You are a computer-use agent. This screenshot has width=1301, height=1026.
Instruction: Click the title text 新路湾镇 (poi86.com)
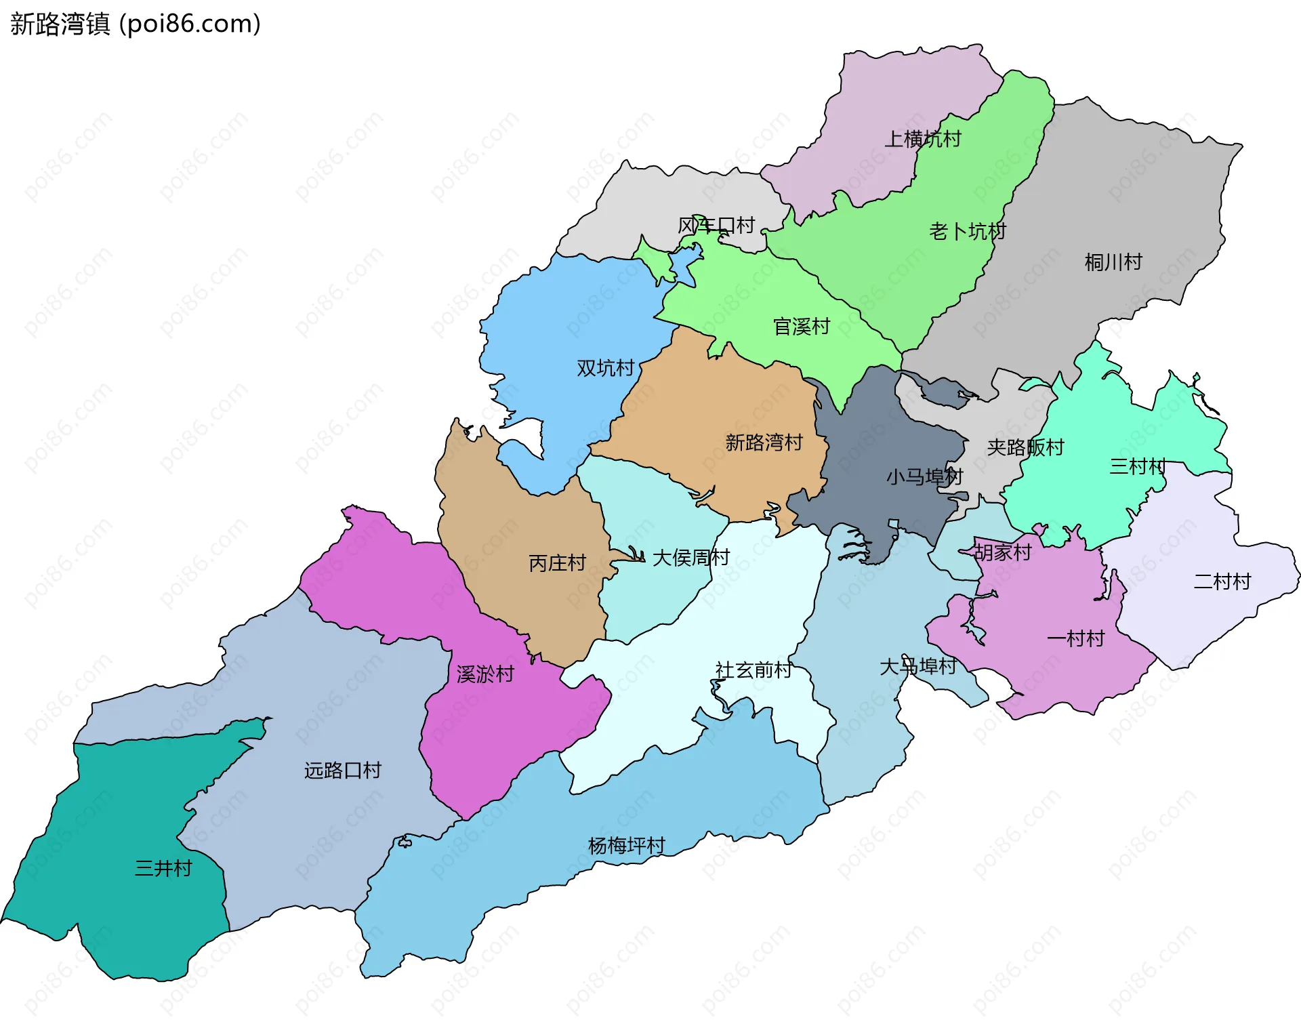pos(136,24)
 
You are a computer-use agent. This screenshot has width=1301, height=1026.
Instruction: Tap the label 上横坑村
pos(923,139)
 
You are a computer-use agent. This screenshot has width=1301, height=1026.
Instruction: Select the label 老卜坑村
pos(968,232)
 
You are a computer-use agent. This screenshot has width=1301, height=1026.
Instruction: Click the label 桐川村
pos(1113,262)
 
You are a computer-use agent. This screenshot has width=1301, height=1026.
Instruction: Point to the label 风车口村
pos(716,225)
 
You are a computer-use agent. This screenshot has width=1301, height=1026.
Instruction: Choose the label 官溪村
pos(802,327)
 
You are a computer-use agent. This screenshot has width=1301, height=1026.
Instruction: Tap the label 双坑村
pos(605,368)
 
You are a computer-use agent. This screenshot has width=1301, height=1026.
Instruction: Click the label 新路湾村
pos(764,443)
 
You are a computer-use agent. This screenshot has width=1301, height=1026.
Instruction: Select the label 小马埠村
pos(924,477)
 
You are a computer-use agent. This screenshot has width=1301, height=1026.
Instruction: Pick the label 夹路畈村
pos(1025,447)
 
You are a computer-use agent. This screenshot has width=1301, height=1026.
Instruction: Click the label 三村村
pos(1138,466)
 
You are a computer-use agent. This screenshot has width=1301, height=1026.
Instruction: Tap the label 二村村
pos(1222,581)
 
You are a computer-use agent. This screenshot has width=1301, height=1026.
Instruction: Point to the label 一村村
pos(1075,638)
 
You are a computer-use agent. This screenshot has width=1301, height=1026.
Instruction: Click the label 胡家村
pos(1003,552)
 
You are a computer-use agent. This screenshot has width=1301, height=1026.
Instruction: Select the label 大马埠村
pos(917,667)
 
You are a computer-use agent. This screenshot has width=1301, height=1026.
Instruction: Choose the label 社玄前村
pos(753,670)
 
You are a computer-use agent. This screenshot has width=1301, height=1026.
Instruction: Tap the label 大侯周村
pos(690,558)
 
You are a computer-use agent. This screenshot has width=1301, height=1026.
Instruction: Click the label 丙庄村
pos(557,563)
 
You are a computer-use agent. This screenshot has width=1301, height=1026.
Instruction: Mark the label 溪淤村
pos(485,674)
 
